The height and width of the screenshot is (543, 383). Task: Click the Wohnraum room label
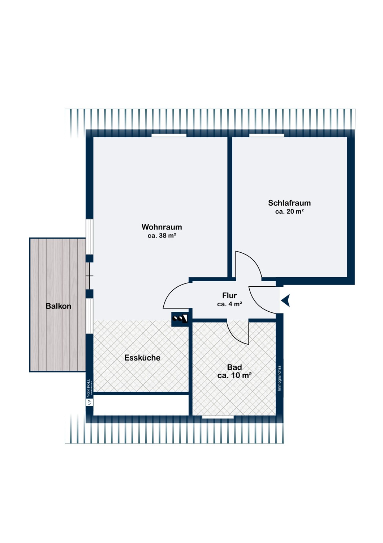click(x=162, y=227)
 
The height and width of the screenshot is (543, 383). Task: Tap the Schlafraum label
click(x=289, y=203)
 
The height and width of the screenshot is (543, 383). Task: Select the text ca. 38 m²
click(x=162, y=235)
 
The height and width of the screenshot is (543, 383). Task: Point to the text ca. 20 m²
click(x=289, y=211)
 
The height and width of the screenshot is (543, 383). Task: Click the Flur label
click(x=229, y=295)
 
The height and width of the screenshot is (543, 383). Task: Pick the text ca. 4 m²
click(x=229, y=304)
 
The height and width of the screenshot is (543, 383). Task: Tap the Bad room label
click(x=234, y=367)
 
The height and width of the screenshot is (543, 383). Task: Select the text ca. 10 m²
click(x=234, y=375)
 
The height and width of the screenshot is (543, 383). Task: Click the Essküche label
click(x=142, y=358)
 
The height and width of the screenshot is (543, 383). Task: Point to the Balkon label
click(x=59, y=306)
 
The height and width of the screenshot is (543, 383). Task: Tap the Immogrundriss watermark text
click(x=279, y=378)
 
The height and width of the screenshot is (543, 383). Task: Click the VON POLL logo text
click(x=89, y=387)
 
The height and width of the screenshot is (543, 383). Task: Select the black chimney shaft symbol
click(x=180, y=319)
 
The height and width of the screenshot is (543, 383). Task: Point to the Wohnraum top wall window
click(x=169, y=135)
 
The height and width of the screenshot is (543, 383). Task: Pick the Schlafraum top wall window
click(x=267, y=135)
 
